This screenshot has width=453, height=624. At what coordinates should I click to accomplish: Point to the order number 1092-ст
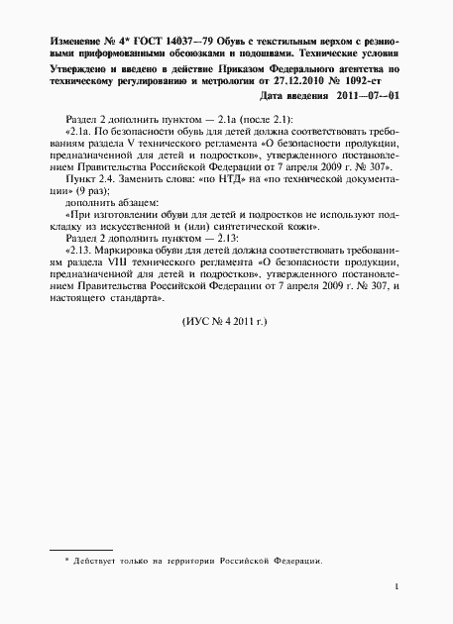pyautogui.click(x=378, y=82)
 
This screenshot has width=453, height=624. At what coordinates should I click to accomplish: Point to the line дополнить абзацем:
pyautogui.click(x=103, y=206)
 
